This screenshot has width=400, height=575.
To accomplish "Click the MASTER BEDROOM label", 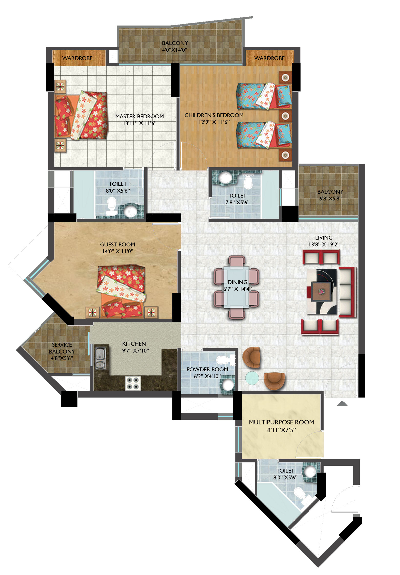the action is (x=139, y=116).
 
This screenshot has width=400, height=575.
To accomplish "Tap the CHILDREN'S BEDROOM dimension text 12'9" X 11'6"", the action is (x=214, y=122).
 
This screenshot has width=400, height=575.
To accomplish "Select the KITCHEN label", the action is (x=134, y=344).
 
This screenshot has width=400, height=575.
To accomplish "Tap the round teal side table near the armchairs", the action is (x=252, y=378).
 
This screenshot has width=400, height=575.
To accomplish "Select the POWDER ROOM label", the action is (x=207, y=369).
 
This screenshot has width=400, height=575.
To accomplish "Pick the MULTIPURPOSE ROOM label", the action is (x=281, y=422).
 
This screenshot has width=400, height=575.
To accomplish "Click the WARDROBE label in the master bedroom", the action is (x=77, y=58).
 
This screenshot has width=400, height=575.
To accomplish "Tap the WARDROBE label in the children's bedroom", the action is (x=269, y=58).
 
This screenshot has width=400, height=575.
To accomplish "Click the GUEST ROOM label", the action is (x=117, y=244).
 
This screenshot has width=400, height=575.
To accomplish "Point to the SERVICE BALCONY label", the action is (x=62, y=348).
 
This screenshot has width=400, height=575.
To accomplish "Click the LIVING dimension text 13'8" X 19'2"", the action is (x=324, y=245).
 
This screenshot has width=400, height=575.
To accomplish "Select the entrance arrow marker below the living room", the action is (x=342, y=403).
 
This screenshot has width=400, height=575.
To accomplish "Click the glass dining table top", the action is (x=236, y=287).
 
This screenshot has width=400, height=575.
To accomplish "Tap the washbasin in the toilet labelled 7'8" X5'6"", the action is (x=225, y=178).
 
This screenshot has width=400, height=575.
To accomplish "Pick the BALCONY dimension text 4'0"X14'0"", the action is (x=174, y=50).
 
